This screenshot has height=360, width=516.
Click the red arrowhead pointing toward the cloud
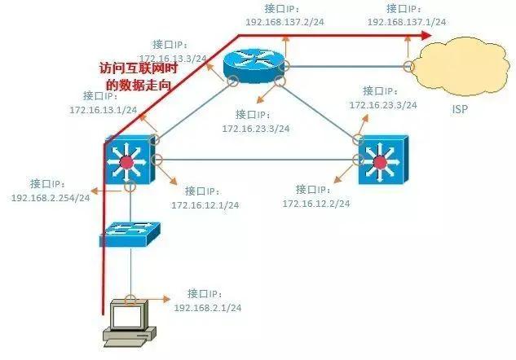click(x=425, y=37)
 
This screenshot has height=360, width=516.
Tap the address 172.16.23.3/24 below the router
click(x=256, y=128)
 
